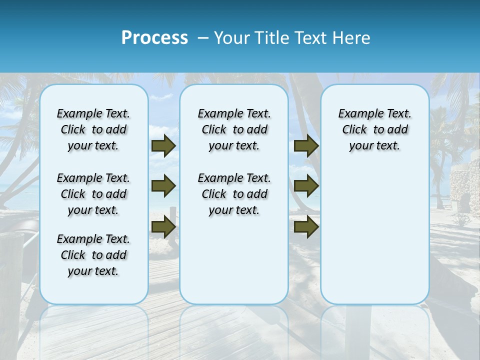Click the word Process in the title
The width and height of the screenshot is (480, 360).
pos(154,38)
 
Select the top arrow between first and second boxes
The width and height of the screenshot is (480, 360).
pos(163,146)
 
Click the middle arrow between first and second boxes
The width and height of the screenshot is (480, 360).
pos(163,186)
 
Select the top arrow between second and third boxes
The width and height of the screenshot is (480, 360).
pos(306,146)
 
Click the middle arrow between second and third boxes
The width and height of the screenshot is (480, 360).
pos(306,186)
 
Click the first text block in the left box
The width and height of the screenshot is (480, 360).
pos(93,129)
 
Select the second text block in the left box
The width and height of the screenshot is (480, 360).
pos(93,194)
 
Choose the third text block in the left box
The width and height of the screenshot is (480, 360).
pos(93,255)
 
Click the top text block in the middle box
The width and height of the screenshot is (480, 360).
pos(234,129)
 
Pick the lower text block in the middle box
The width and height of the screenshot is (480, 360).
pos(234,194)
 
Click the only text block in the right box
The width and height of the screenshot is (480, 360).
pos(374,129)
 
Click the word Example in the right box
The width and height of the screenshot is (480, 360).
pos(356,114)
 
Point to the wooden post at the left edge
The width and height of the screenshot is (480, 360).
pos(11,280)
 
